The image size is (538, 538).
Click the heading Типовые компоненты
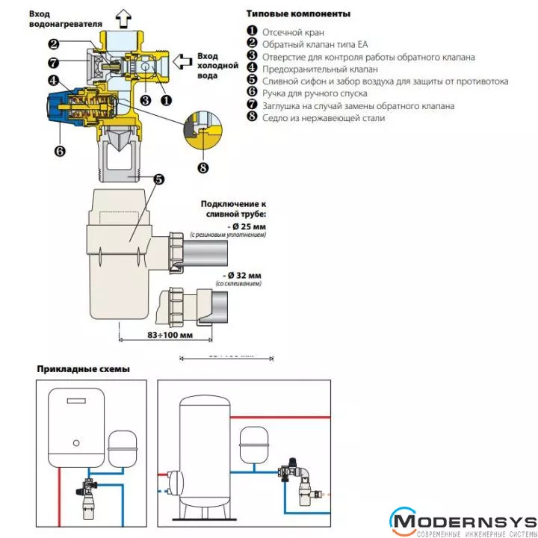click(x=297, y=14)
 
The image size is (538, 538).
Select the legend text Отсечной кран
click(x=292, y=32)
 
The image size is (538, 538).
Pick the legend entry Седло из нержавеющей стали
click(x=323, y=117)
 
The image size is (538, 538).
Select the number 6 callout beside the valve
click(x=60, y=150)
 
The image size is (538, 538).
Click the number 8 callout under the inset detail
click(x=203, y=166)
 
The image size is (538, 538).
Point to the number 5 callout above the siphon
click(x=158, y=179)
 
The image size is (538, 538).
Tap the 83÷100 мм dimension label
click(x=167, y=335)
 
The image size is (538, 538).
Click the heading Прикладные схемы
click(x=84, y=369)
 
